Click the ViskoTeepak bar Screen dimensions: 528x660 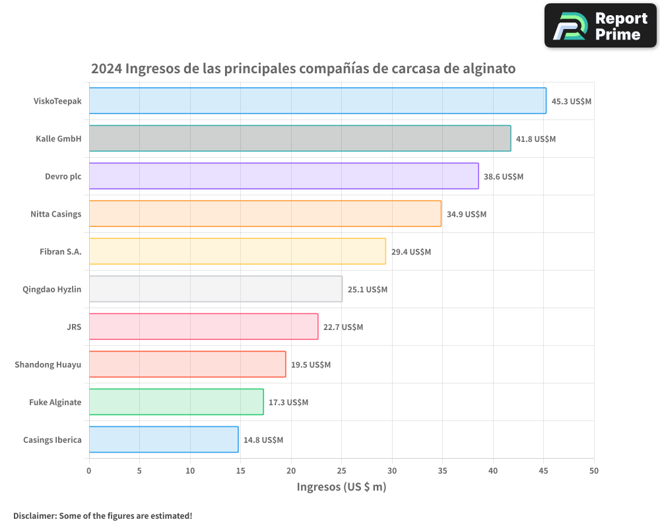pos(317,101)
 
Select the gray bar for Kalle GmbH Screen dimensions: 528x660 pos(300,139)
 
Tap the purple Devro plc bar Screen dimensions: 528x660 pos(284,176)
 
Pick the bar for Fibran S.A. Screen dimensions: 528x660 pos(237,251)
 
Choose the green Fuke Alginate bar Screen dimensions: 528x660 pos(176,402)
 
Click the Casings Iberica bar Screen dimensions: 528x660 pos(164,440)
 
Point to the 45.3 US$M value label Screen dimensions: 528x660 pos(572,102)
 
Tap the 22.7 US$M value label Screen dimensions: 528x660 pos(343,327)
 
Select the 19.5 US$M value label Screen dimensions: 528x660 pos(311,365)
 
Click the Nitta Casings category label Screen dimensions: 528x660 pos(56,214)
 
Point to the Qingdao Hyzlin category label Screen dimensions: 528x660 pos(52,289)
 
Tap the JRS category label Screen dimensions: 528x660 pos(75,327)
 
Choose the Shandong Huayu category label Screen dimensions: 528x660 pos(48,364)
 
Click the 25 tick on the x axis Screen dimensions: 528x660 pos(342,471)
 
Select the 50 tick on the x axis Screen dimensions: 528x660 pos(594,471)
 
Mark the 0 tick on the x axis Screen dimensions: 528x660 pos(89,471)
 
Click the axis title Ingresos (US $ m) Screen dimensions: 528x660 pos(341,487)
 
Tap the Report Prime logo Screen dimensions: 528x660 pos(601,26)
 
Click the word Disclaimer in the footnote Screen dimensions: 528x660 pos(34,515)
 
